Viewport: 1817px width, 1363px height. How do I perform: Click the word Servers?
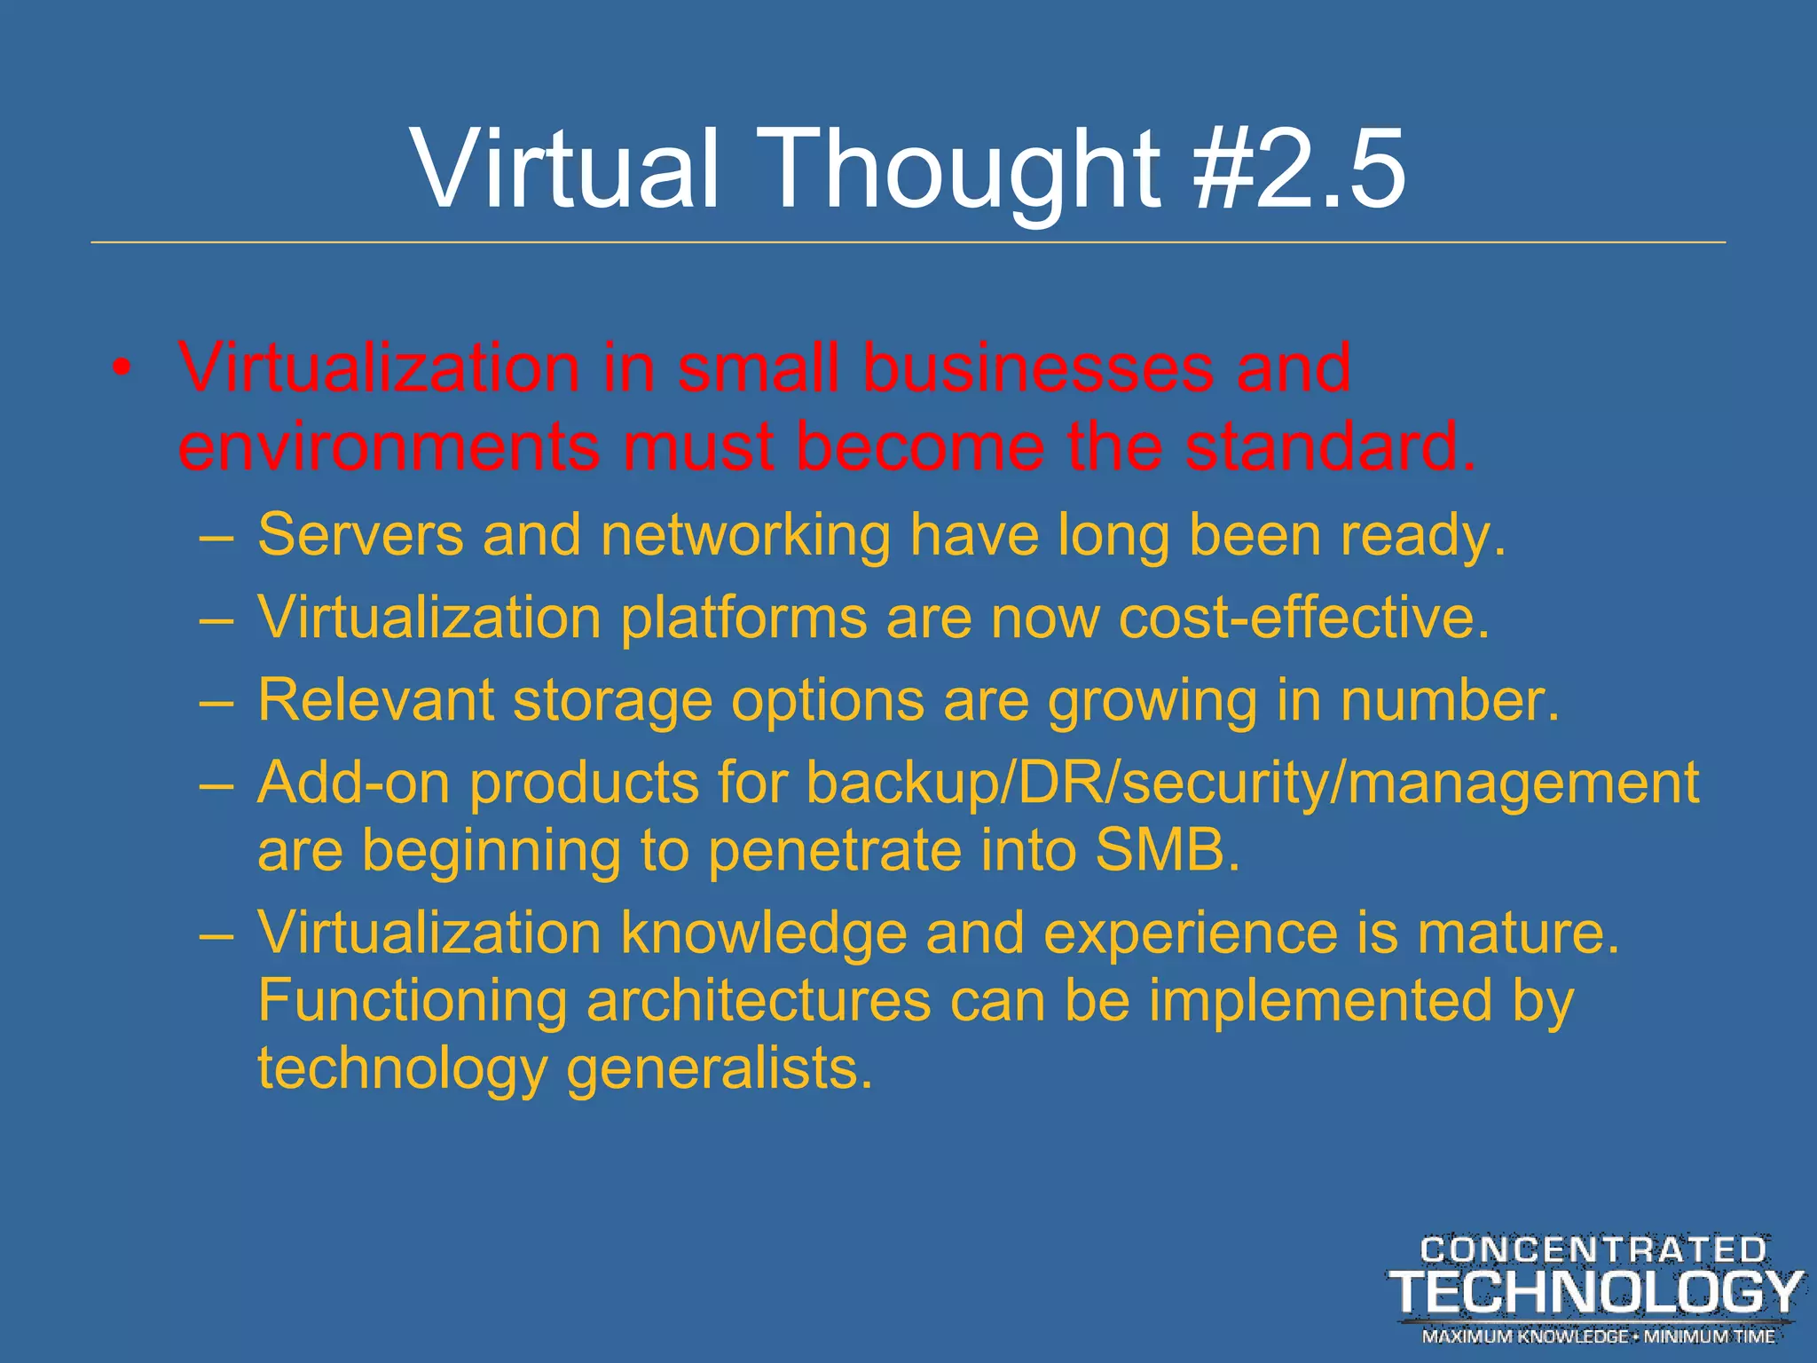coord(360,535)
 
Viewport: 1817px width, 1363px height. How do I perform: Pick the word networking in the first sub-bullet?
coord(745,535)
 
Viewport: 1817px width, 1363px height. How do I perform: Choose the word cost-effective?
coord(1303,617)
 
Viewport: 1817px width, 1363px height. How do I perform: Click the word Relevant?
coord(375,700)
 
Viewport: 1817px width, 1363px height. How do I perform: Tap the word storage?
coord(612,700)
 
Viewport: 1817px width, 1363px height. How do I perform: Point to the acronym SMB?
coord(1167,850)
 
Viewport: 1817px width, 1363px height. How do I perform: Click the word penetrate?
coord(835,850)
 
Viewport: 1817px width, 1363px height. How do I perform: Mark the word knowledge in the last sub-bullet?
coord(764,933)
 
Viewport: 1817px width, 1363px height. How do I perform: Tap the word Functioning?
coord(412,1000)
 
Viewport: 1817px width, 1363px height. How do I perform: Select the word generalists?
coord(720,1068)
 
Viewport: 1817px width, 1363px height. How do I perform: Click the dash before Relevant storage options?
coord(217,701)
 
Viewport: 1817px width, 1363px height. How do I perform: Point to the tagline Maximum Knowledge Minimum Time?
coord(1598,1335)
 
